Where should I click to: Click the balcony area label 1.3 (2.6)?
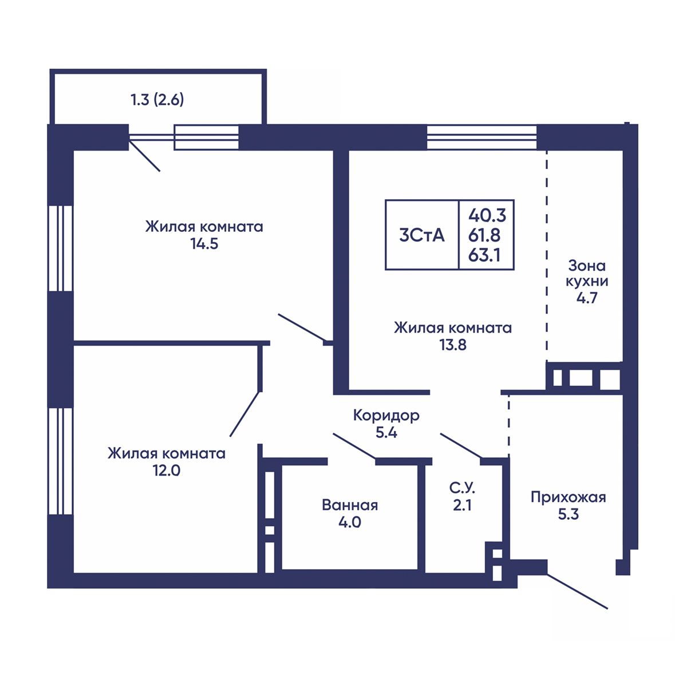tap(157, 100)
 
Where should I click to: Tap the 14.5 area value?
tap(204, 244)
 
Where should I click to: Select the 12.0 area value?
tap(167, 471)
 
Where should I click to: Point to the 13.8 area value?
tap(453, 345)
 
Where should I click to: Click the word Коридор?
tap(386, 415)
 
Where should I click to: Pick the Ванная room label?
tap(350, 505)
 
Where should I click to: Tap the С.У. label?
tap(463, 488)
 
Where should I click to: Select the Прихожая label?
tap(568, 497)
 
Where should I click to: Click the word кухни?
tap(587, 282)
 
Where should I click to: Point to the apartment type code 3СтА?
tap(422, 235)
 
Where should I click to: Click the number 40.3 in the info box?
tap(487, 215)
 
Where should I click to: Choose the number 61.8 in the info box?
tap(485, 235)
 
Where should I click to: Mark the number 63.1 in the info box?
tap(484, 255)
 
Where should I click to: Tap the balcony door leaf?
tap(144, 156)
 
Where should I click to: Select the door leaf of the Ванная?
tap(354, 446)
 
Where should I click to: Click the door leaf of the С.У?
tap(461, 445)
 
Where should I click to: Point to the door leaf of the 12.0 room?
tap(244, 414)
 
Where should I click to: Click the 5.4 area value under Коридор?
tap(386, 432)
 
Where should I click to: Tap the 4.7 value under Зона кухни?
tap(587, 297)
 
